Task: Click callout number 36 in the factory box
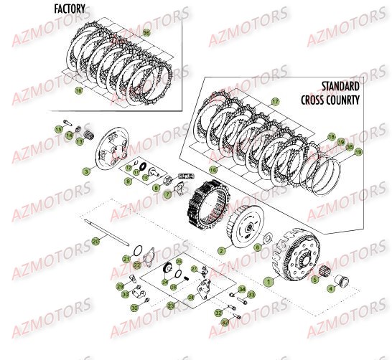point(147,34)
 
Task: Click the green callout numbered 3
point(86,172)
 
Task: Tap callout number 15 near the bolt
point(59,128)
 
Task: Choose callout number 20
point(95,242)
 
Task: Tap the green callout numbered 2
point(222,251)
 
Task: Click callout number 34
point(242,289)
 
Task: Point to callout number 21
point(126,257)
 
